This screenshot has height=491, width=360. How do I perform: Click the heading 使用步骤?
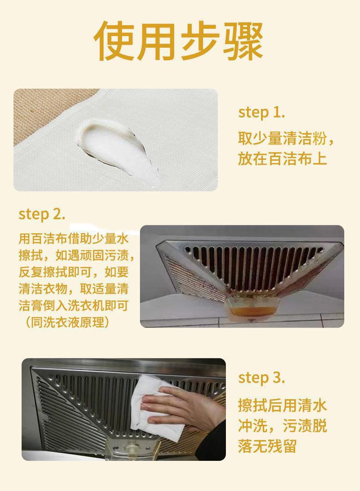(179, 41)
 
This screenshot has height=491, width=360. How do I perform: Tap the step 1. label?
(261, 113)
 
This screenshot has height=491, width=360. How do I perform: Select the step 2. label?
(42, 215)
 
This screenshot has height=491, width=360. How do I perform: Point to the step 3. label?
(261, 378)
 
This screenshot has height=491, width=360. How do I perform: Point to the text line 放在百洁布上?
(282, 158)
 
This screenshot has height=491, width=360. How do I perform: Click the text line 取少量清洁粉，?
(286, 139)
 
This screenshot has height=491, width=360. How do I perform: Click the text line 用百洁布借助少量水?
(73, 239)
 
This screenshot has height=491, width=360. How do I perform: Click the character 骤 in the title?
(243, 41)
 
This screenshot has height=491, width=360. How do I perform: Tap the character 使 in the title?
(114, 41)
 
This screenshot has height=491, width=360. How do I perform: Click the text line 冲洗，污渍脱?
(282, 426)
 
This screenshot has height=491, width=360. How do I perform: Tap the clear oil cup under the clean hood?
(131, 451)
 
